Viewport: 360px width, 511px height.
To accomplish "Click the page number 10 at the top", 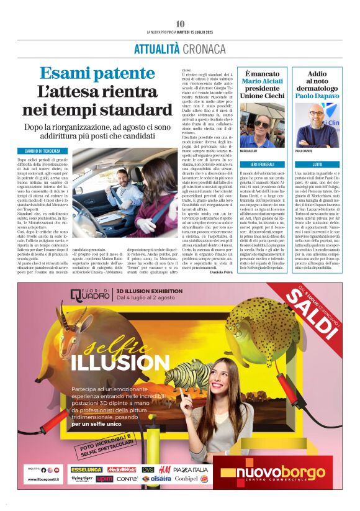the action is click(x=180, y=24).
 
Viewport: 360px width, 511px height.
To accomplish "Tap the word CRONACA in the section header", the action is click(x=204, y=48).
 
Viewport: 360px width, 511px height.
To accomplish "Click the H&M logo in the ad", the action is click(x=164, y=469).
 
